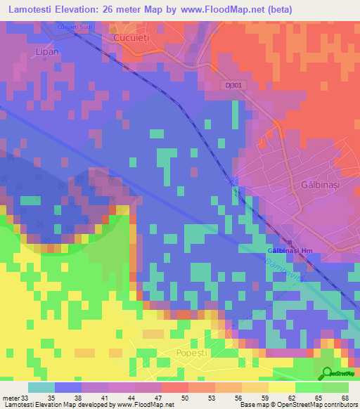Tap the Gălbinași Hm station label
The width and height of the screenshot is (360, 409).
point(290,251)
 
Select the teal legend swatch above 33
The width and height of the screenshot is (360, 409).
point(41,387)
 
